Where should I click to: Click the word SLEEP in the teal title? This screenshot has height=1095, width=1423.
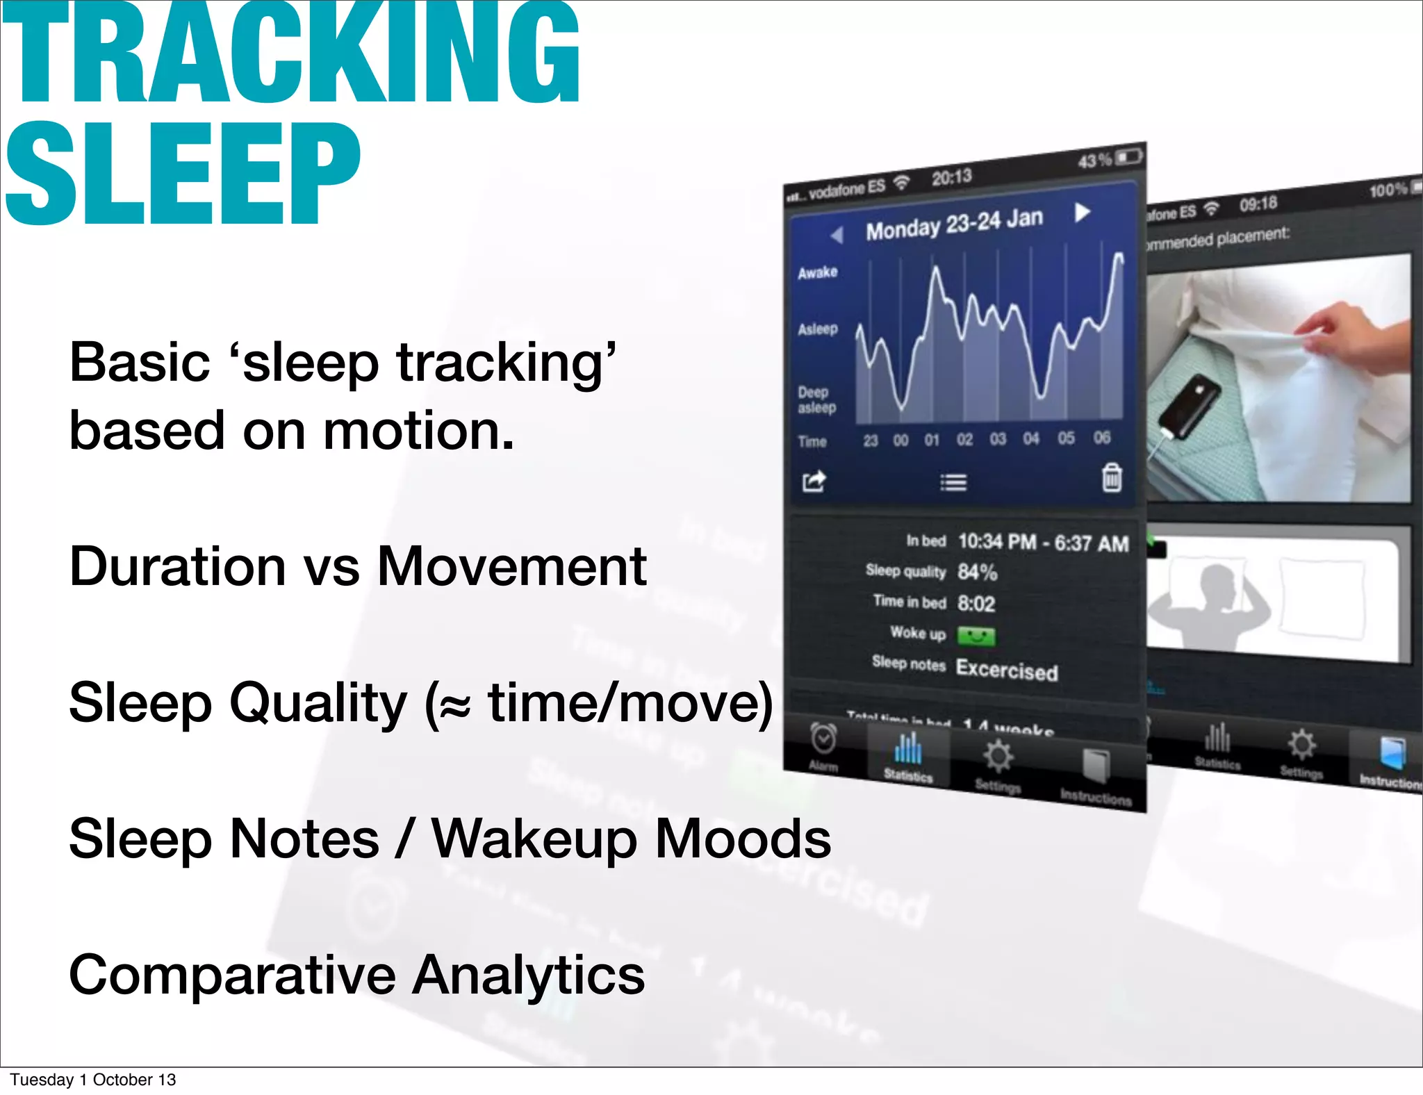pos(182,174)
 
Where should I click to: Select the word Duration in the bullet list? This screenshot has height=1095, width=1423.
pos(177,566)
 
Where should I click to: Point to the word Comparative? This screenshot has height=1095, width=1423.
pos(232,975)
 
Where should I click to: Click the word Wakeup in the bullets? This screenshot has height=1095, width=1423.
pos(534,839)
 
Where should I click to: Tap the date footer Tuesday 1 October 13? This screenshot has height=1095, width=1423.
pos(92,1080)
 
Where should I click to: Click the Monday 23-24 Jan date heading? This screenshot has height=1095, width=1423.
pos(954,224)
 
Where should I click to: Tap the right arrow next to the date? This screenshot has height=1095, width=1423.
pos(1082,212)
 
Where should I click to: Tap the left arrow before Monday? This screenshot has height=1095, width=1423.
pos(837,235)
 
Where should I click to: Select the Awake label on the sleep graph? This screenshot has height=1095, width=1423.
pos(817,272)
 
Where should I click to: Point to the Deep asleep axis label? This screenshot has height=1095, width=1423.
pos(816,400)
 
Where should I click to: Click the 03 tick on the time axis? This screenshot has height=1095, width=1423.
pos(998,439)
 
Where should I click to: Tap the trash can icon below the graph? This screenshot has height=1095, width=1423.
pos(1112,477)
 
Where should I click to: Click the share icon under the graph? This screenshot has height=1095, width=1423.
pos(814,481)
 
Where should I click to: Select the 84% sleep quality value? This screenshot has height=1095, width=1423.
pos(977,572)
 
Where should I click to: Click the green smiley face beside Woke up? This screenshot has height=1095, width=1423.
pos(976,635)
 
